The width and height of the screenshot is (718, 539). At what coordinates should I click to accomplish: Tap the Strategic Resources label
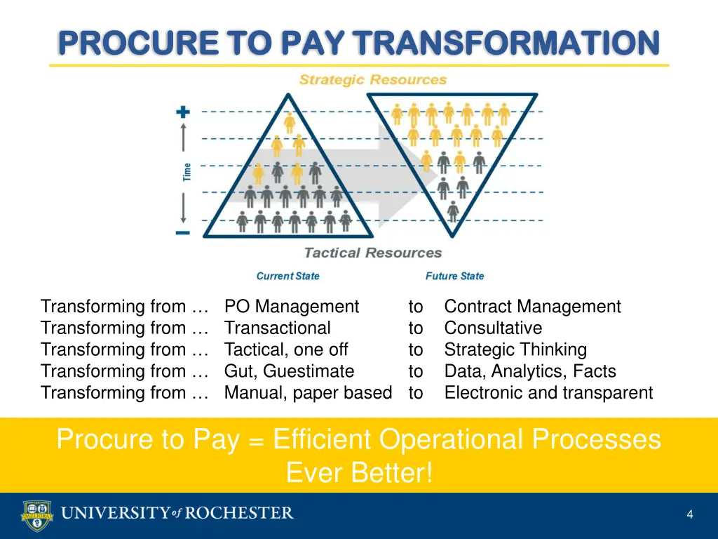tap(372, 80)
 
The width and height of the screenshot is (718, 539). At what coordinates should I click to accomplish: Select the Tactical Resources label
tap(372, 253)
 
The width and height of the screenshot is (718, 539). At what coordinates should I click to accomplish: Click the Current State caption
tap(287, 276)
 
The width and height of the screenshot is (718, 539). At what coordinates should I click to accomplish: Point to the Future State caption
tap(454, 276)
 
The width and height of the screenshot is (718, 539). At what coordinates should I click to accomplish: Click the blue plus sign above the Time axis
tap(183, 112)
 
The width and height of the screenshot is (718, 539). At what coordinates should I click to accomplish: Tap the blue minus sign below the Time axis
tap(183, 232)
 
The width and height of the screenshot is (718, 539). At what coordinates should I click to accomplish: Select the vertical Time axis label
tap(187, 172)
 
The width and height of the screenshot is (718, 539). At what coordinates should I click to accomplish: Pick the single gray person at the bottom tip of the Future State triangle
tap(453, 209)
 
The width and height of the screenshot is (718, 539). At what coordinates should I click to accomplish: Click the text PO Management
tap(292, 307)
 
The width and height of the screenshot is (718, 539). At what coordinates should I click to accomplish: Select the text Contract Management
tap(532, 307)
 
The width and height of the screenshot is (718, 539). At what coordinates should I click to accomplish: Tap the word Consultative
tap(493, 328)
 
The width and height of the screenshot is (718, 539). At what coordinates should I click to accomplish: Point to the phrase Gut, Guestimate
tap(289, 371)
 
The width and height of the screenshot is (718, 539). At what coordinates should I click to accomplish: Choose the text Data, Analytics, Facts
tap(530, 371)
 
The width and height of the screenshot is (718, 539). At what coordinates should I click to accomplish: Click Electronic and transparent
tap(548, 393)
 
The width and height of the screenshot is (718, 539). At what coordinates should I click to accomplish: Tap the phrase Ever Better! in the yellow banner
tap(359, 473)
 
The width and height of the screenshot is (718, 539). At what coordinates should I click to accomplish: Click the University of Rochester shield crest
tap(36, 515)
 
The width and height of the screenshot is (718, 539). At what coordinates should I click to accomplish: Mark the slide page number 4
tap(690, 514)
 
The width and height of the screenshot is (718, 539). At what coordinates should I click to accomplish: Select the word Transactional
tap(277, 328)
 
